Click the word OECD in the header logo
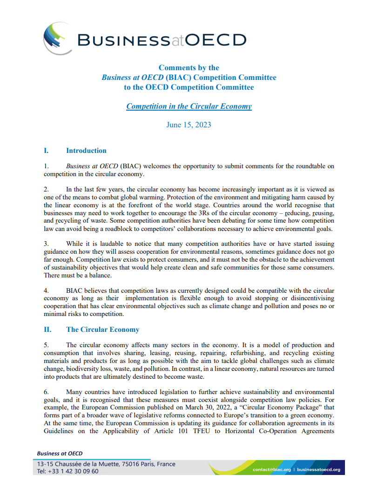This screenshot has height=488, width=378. [216, 40]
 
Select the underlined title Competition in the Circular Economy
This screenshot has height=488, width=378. [189, 106]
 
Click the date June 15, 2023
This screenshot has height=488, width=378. [189, 125]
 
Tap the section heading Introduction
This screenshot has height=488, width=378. [86, 151]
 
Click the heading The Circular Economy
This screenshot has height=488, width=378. [102, 330]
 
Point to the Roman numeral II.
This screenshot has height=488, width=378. [47, 330]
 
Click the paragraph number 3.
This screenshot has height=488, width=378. [46, 244]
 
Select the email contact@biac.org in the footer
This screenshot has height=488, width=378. [271, 469]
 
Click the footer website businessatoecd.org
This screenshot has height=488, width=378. [318, 469]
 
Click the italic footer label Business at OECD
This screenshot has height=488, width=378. [60, 453]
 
